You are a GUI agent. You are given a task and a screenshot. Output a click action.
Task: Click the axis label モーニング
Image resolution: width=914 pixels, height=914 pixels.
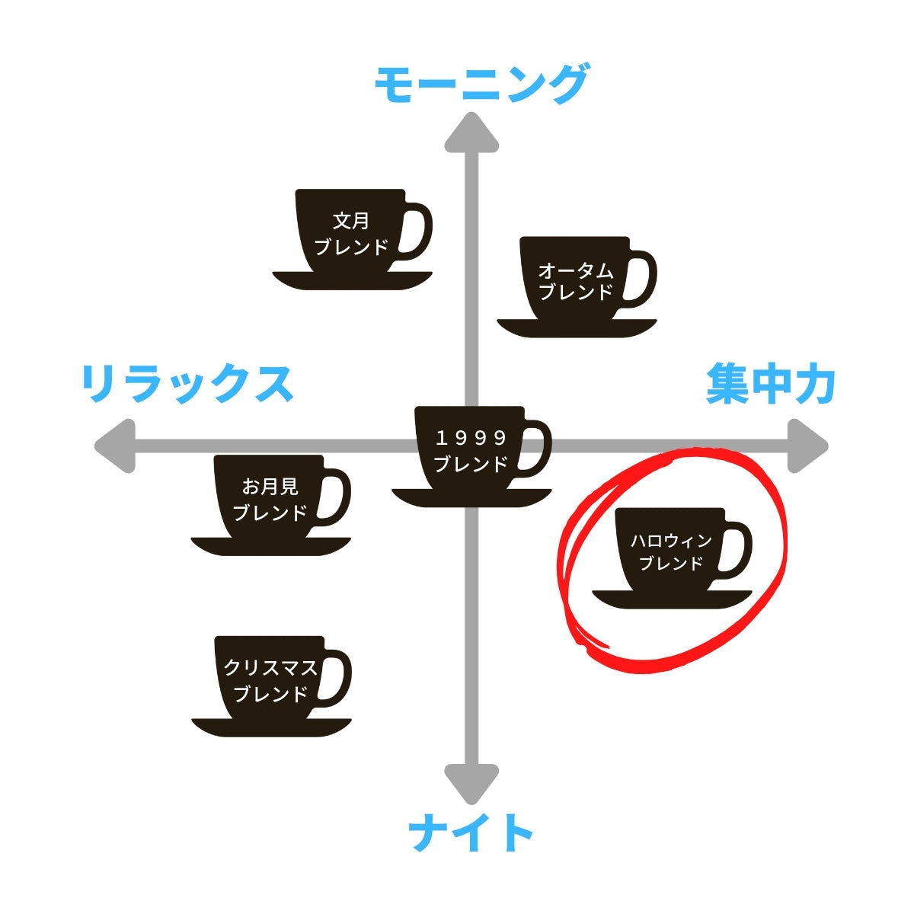pyautogui.click(x=481, y=85)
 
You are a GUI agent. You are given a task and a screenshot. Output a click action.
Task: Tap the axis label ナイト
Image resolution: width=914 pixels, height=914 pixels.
pyautogui.click(x=471, y=833)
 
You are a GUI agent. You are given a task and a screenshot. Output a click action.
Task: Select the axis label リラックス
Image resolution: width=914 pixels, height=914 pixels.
pyautogui.click(x=187, y=383)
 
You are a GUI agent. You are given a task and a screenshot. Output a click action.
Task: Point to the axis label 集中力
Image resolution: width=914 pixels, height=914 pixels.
pyautogui.click(x=771, y=383)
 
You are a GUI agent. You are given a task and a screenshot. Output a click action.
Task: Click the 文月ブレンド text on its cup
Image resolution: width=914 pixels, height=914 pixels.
pyautogui.click(x=351, y=234)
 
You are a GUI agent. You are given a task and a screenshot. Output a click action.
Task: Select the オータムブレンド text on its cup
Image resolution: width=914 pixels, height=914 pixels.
pyautogui.click(x=576, y=281)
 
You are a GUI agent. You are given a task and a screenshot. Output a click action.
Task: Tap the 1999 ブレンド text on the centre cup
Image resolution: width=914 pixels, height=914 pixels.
pyautogui.click(x=471, y=451)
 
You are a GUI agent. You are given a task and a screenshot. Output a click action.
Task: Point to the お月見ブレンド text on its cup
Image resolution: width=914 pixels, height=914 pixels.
pyautogui.click(x=270, y=500)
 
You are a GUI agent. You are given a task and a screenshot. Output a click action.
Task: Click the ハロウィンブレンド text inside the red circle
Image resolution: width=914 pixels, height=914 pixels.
pyautogui.click(x=671, y=552)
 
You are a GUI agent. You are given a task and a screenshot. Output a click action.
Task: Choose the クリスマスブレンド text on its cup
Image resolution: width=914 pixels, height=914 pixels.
pyautogui.click(x=270, y=681)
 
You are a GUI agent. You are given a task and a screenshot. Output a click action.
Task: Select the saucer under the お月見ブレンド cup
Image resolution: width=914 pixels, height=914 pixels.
pyautogui.click(x=270, y=545)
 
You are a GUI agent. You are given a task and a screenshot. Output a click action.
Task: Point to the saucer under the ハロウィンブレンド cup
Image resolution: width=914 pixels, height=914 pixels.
pyautogui.click(x=672, y=599)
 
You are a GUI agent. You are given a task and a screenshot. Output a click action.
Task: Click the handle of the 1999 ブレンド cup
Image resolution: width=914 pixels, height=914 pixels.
pyautogui.click(x=540, y=449)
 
